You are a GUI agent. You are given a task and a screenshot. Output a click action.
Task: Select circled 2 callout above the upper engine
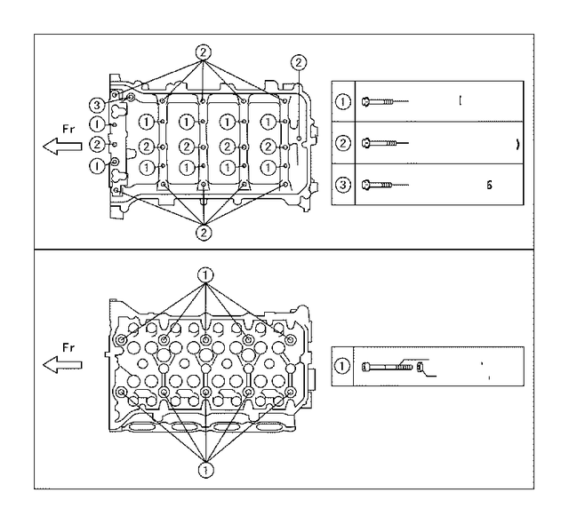click(204, 52)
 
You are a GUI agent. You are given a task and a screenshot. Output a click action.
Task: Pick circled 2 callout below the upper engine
click(204, 233)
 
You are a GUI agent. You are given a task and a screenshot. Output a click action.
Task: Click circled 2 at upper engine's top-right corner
click(298, 61)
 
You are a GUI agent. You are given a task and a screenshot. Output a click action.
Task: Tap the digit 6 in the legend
click(488, 185)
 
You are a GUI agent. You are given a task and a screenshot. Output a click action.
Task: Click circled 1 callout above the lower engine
click(205, 275)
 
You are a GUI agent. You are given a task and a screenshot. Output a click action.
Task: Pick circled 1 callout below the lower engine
click(205, 469)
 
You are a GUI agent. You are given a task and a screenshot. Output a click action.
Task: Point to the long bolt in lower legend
click(391, 366)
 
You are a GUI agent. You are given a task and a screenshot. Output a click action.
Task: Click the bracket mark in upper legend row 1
click(461, 100)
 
